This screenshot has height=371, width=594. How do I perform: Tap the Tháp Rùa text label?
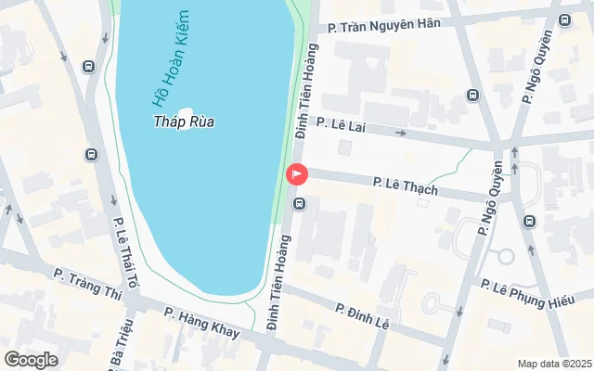[184, 122]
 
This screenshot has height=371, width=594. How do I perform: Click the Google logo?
[31, 360]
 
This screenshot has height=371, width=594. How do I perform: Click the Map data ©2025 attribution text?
[553, 364]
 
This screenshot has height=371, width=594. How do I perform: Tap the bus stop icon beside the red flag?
[299, 202]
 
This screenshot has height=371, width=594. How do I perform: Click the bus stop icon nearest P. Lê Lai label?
[472, 95]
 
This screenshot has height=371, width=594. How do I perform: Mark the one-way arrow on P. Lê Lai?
[401, 133]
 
